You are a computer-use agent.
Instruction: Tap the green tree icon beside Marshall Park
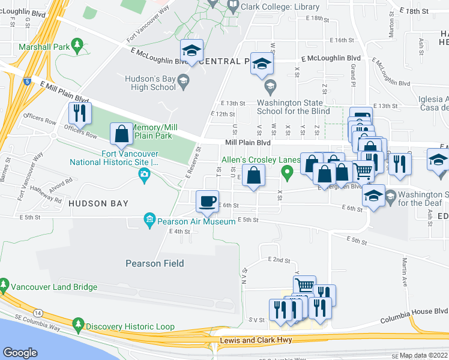click(x=77, y=45)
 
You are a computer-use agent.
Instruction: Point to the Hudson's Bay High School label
click(x=150, y=83)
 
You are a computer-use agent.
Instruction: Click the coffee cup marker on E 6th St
click(x=208, y=201)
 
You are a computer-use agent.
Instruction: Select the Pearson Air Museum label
click(x=196, y=221)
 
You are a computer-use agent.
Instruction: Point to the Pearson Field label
click(x=154, y=263)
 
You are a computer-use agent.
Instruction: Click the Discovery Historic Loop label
click(x=130, y=326)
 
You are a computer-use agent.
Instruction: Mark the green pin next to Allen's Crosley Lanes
click(x=288, y=173)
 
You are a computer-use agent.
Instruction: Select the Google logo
click(x=20, y=353)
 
